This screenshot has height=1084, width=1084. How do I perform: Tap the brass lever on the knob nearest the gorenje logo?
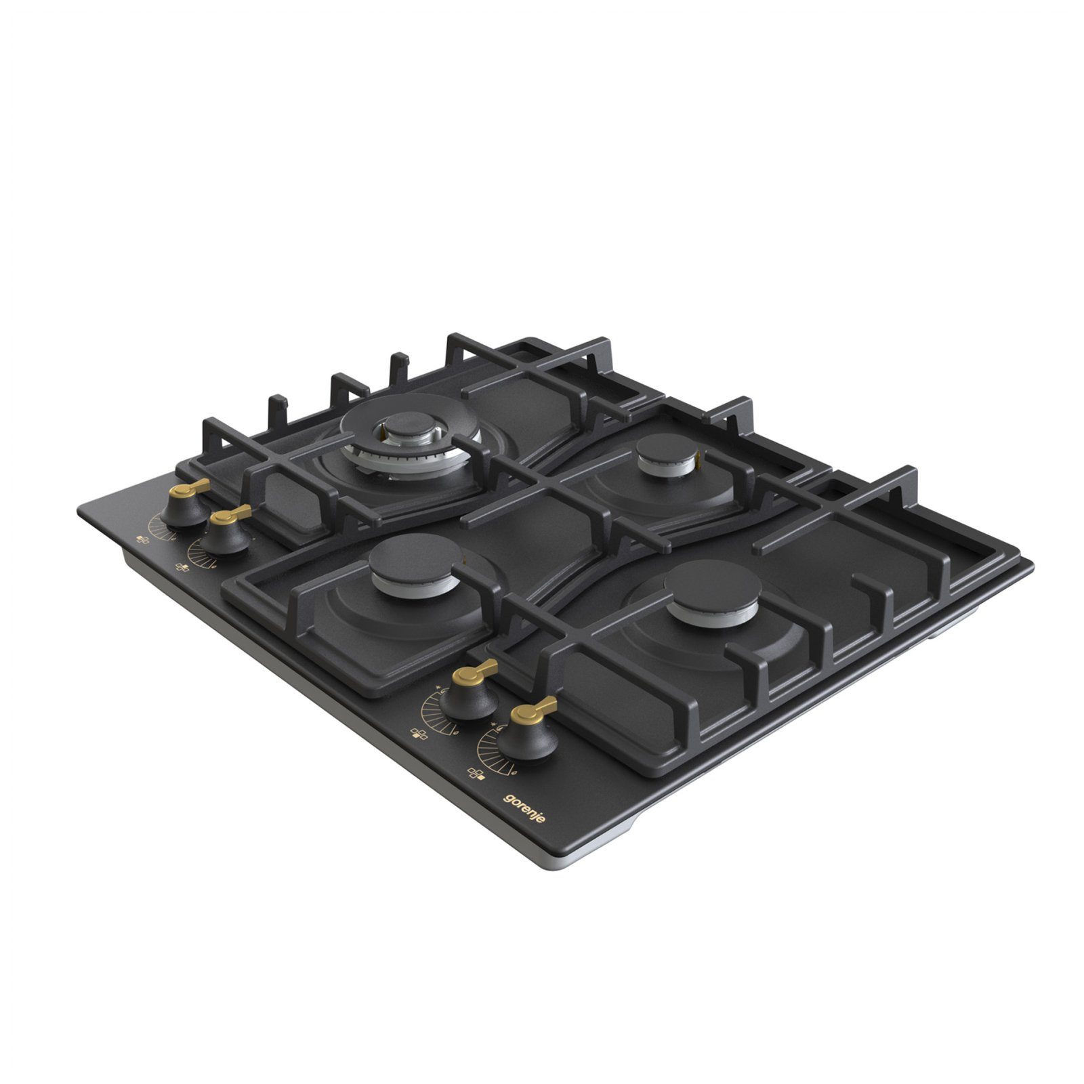tap(535, 711)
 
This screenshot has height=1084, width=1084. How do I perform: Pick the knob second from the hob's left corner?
tap(228, 530)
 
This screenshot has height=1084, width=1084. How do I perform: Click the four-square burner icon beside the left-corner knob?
tap(143, 540)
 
